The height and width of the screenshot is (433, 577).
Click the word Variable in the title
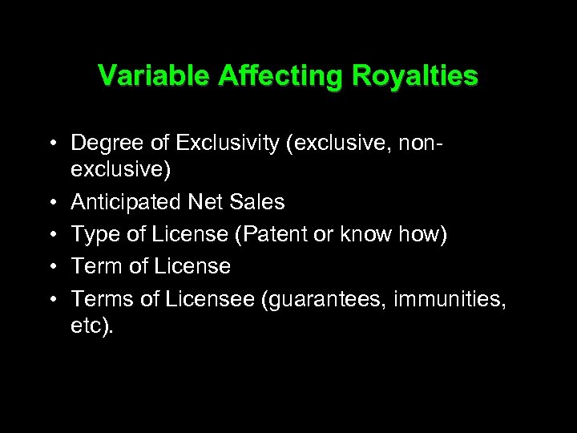[x=143, y=76]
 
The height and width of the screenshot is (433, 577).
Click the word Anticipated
[x=126, y=202]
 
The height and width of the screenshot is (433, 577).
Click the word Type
[x=95, y=234]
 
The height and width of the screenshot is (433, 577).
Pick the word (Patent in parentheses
[x=260, y=234]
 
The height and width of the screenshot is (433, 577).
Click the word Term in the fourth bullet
[x=96, y=266]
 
